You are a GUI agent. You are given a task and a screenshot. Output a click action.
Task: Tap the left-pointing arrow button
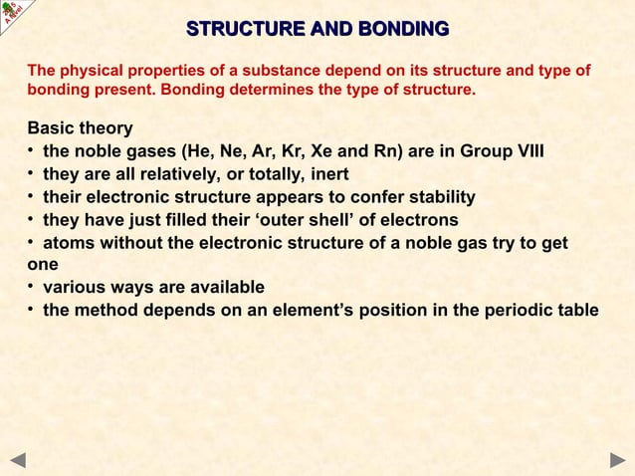click(18, 459)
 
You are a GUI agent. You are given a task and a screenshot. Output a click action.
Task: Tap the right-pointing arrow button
click(617, 459)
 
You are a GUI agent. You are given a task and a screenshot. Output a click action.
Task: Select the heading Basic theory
click(80, 129)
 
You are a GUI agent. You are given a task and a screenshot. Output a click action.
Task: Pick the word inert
click(333, 174)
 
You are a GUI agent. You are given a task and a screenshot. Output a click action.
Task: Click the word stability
click(438, 197)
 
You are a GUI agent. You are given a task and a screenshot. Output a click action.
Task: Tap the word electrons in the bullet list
click(422, 219)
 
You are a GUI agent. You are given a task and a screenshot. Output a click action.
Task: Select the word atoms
click(68, 242)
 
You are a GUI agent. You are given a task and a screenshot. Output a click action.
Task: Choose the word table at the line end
click(577, 310)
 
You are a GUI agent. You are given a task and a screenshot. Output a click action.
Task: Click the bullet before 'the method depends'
click(32, 309)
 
